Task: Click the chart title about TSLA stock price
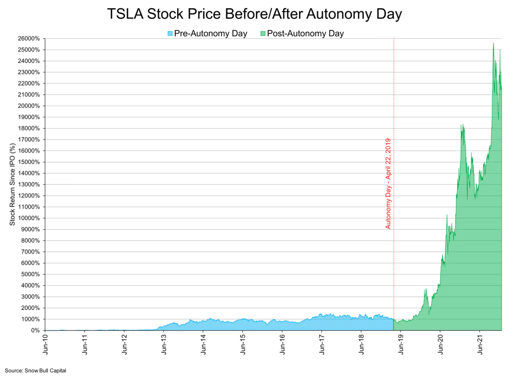254,14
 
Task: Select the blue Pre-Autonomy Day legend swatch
170,33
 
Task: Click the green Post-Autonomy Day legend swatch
263,33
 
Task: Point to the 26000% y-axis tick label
29,38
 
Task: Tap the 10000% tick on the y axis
29,218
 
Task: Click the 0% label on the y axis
35,330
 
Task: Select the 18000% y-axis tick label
29,128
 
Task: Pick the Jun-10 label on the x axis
45,344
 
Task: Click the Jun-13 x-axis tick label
164,344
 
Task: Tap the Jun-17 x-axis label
322,344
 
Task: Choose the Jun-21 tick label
479,344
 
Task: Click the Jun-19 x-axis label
401,344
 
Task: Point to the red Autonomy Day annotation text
388,184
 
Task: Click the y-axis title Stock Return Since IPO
12,184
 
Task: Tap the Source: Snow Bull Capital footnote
35,371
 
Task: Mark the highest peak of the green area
493,43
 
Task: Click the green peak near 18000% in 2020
463,125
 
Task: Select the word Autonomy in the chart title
339,14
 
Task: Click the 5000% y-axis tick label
30,274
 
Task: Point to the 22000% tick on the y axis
29,83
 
